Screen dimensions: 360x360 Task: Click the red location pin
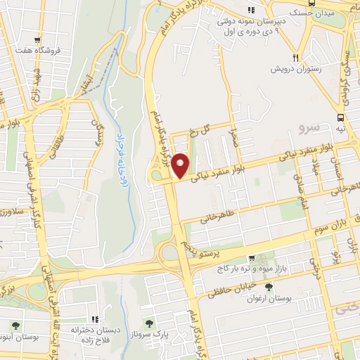point(181,165)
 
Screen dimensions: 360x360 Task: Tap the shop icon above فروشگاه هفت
point(37,40)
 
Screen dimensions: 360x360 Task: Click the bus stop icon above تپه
point(341,118)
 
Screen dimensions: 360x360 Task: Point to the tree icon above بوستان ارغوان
point(269,286)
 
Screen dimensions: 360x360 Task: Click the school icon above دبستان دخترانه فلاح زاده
point(95,319)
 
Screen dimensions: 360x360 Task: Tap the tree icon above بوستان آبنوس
point(15,326)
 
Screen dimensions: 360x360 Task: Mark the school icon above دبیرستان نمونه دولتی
point(250,10)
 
